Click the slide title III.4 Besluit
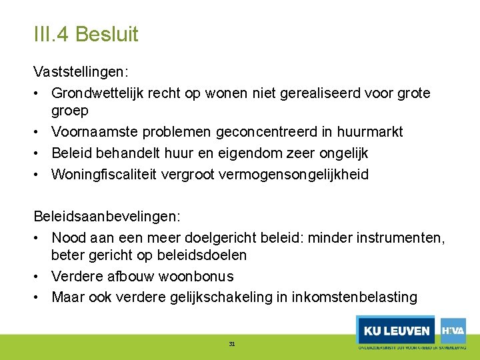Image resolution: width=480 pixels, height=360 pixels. coord(86,34)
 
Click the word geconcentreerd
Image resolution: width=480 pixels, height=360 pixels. coord(244,131)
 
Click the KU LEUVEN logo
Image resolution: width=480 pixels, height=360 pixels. coord(396,331)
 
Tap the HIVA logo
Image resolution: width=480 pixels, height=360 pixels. coord(453,330)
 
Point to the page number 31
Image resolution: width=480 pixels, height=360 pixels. coord(232,344)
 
